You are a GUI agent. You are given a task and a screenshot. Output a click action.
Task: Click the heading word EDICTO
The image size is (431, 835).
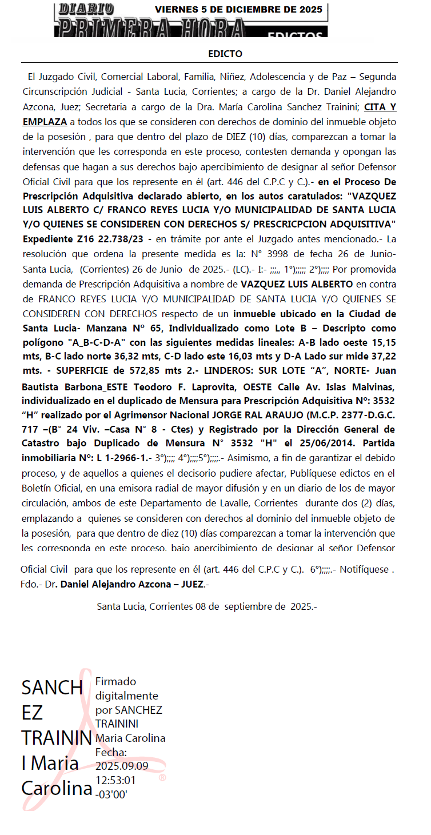(225, 54)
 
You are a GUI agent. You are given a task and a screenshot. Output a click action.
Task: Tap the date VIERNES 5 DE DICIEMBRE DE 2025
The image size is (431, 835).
(238, 9)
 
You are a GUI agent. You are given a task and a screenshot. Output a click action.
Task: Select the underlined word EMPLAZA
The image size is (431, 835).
(45, 122)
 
